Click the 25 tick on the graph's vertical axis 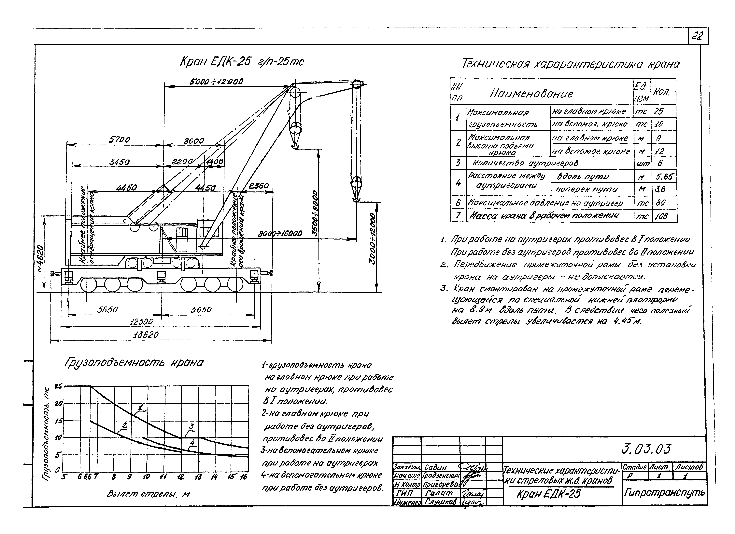click(58, 386)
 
